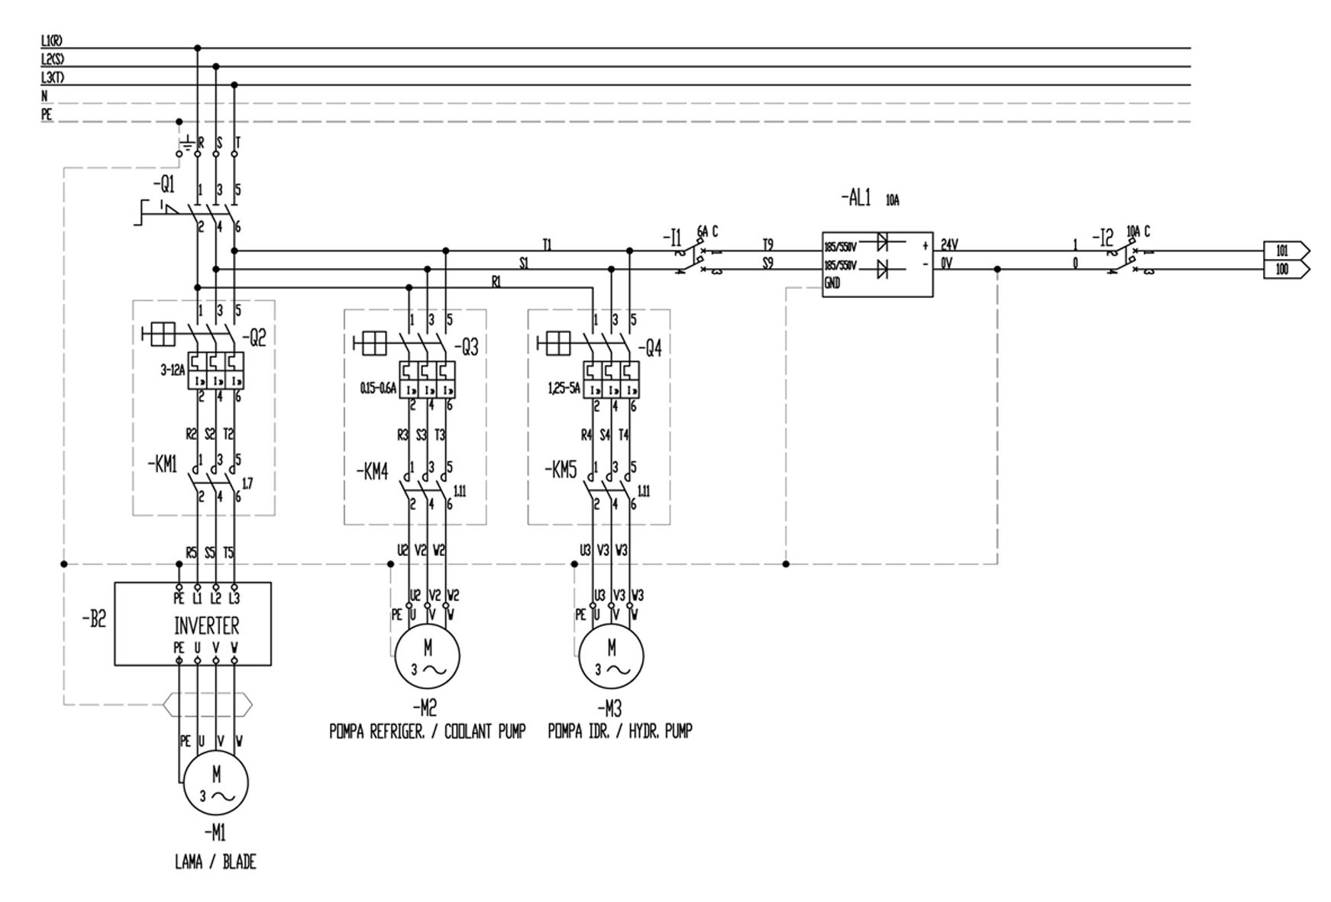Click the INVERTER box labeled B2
pyautogui.click(x=192, y=624)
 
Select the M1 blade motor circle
pyautogui.click(x=216, y=786)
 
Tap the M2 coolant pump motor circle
pyautogui.click(x=427, y=657)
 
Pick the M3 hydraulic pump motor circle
pyautogui.click(x=611, y=657)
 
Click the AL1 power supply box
pyautogui.click(x=877, y=264)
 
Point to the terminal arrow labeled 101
pyautogui.click(x=1286, y=251)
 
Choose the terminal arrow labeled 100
pyautogui.click(x=1286, y=269)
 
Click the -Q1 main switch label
pyautogui.click(x=163, y=185)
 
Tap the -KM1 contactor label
pyautogui.click(x=162, y=464)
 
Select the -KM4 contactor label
pyautogui.click(x=372, y=472)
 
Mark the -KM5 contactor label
pyautogui.click(x=561, y=470)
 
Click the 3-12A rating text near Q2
pyautogui.click(x=173, y=370)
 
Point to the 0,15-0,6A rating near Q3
pyautogui.click(x=378, y=389)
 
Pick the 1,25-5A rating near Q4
pyautogui.click(x=564, y=389)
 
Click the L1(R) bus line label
pyautogui.click(x=52, y=40)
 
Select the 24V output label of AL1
pyautogui.click(x=949, y=245)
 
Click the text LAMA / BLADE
pyautogui.click(x=215, y=862)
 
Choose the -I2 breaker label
pyautogui.click(x=1103, y=238)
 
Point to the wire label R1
pyautogui.click(x=496, y=282)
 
